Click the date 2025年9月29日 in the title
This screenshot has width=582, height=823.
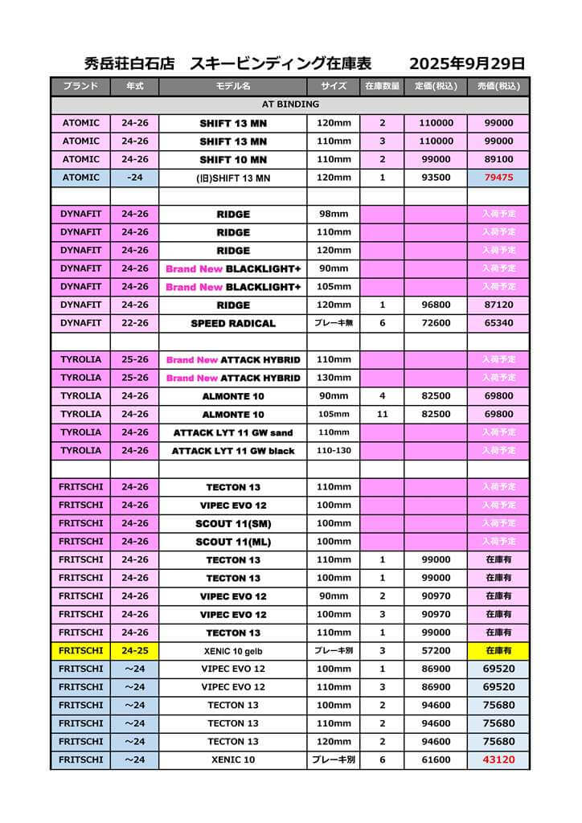466,63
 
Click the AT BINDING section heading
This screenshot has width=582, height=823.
290,104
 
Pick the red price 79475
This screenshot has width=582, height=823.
498,178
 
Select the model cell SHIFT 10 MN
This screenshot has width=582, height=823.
233,159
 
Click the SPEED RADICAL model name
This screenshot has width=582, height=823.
233,323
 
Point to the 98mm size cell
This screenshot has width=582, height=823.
333,215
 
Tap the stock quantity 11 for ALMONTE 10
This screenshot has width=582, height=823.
382,414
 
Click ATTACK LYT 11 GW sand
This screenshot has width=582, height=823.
233,432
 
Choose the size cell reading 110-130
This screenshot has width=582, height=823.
333,451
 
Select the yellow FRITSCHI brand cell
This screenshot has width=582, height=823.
80,651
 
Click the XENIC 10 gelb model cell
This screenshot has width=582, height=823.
233,651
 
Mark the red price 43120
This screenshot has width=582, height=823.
498,760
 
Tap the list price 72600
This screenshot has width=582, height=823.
435,323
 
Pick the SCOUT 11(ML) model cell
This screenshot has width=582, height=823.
233,542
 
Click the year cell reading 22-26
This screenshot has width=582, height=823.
134,323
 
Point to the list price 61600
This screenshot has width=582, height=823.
435,760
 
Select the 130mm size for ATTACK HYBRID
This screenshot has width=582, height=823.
333,378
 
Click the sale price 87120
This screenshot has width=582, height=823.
498,305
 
